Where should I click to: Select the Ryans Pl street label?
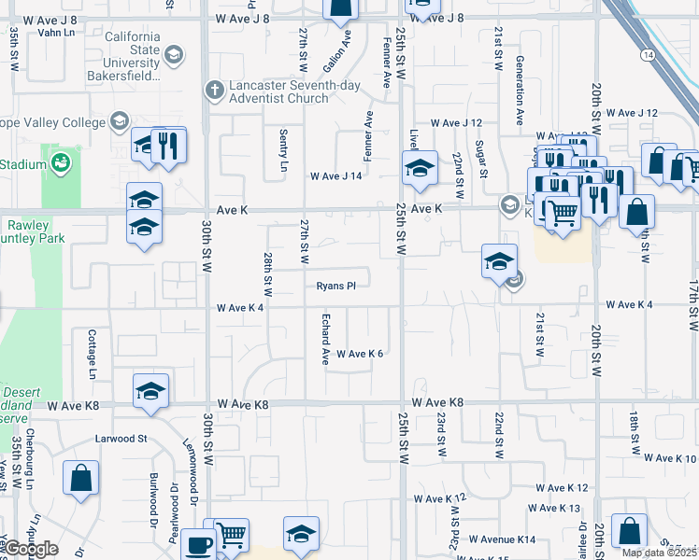click(335, 286)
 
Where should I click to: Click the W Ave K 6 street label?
click(360, 354)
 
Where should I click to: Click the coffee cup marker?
click(197, 544)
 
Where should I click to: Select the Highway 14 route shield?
click(648, 56)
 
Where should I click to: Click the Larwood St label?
click(121, 437)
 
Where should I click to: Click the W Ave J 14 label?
click(335, 175)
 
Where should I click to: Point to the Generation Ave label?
click(520, 91)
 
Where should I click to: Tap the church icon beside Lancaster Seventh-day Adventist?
click(213, 91)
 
